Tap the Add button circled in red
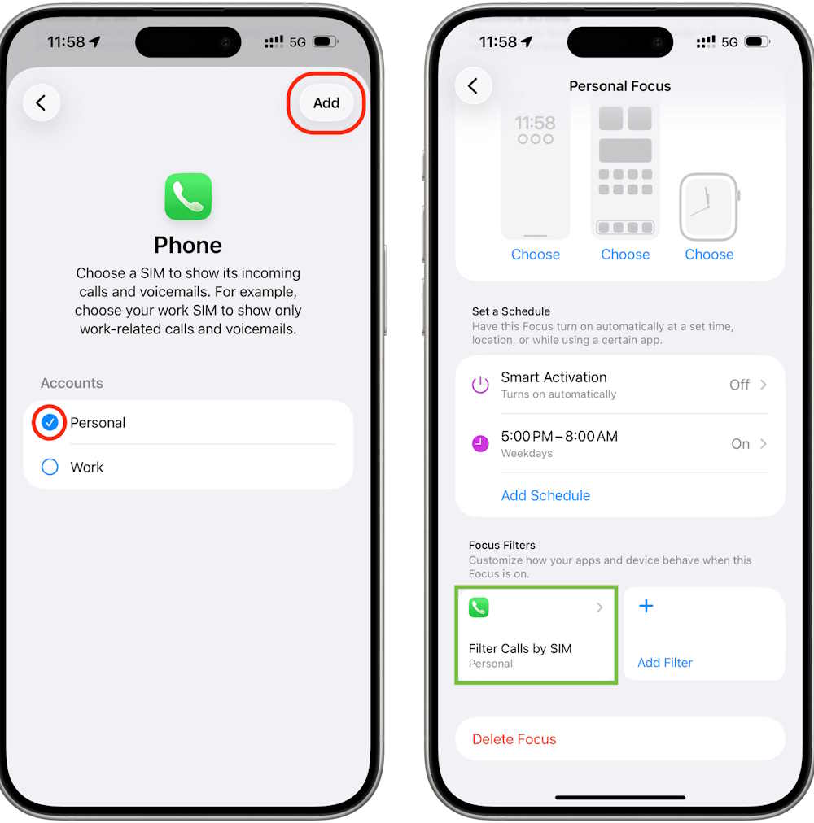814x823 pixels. pos(326,102)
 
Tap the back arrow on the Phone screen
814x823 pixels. pos(41,102)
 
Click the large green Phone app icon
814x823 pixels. pos(188,196)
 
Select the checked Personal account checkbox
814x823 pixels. pos(50,422)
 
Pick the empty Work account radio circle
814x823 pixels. pos(50,467)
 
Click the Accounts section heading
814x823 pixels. pos(72,383)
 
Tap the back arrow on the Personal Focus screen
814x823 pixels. pos(473,86)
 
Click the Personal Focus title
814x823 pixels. pos(620,86)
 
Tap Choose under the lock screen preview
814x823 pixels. pos(536,255)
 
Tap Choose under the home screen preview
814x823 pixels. pos(625,255)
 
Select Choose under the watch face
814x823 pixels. pos(709,255)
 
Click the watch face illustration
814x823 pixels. pos(709,207)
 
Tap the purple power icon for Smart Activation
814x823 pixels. pos(480,385)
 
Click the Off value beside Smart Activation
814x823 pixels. pos(739,385)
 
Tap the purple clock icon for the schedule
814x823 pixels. pos(480,443)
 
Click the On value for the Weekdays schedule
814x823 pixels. pos(741,444)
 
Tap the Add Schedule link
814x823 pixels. pos(545,495)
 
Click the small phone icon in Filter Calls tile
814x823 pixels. pos(479,607)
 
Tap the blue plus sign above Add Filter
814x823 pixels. pos(646,606)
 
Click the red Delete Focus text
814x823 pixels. pos(514,739)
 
